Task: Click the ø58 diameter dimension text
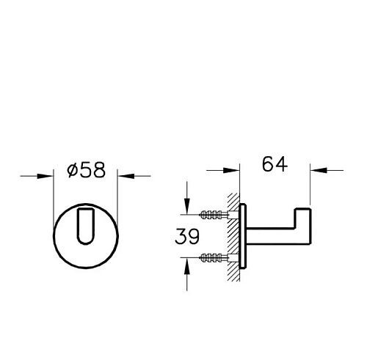point(86,169)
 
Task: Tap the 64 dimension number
point(275,164)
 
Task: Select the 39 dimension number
point(187,236)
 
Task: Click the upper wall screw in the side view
point(214,215)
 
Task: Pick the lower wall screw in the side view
point(214,257)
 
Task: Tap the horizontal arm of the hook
point(270,236)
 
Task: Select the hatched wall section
point(233,237)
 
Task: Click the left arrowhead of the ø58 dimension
point(45,176)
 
